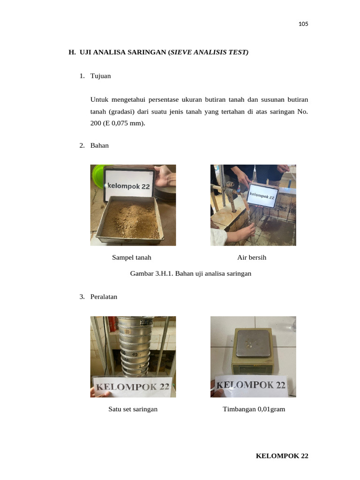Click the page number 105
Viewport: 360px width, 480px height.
[x=303, y=24]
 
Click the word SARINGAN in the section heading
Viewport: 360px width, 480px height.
[x=147, y=52]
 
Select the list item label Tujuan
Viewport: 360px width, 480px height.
[x=100, y=76]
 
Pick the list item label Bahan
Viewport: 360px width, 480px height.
[x=99, y=145]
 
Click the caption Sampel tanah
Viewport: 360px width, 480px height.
[x=132, y=257]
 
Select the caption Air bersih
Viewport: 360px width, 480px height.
[x=252, y=257]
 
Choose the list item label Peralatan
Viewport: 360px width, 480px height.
[x=104, y=297]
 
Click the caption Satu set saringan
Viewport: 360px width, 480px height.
[x=133, y=409]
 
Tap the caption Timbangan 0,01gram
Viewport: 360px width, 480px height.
[x=254, y=409]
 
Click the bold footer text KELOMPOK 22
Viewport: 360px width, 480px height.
[x=282, y=456]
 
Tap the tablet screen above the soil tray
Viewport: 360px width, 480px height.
[x=129, y=185]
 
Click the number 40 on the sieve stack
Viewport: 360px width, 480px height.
[x=135, y=354]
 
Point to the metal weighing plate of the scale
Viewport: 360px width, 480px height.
[x=253, y=343]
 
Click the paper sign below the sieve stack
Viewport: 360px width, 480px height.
[x=133, y=387]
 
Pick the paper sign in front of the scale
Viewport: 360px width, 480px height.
[x=251, y=386]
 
